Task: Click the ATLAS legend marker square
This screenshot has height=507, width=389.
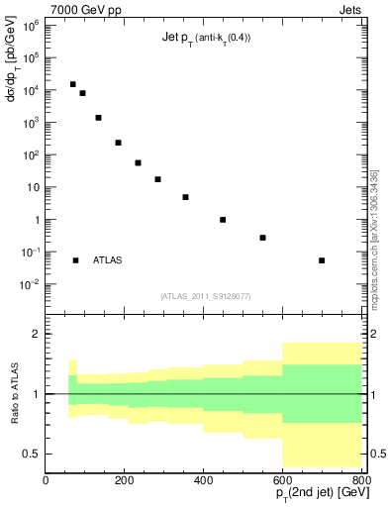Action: (x=75, y=260)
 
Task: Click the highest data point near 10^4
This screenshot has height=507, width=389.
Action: (x=72, y=84)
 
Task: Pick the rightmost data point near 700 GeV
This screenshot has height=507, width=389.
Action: (x=322, y=260)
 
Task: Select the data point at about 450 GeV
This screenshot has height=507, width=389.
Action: (x=223, y=220)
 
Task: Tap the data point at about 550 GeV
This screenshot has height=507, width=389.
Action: (x=262, y=238)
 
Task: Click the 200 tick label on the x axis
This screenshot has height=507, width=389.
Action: (x=125, y=480)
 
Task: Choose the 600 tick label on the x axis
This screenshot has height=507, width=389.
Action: (x=283, y=480)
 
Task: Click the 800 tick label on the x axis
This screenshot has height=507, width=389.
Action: (x=360, y=480)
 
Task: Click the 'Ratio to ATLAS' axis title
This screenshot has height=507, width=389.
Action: (x=14, y=393)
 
